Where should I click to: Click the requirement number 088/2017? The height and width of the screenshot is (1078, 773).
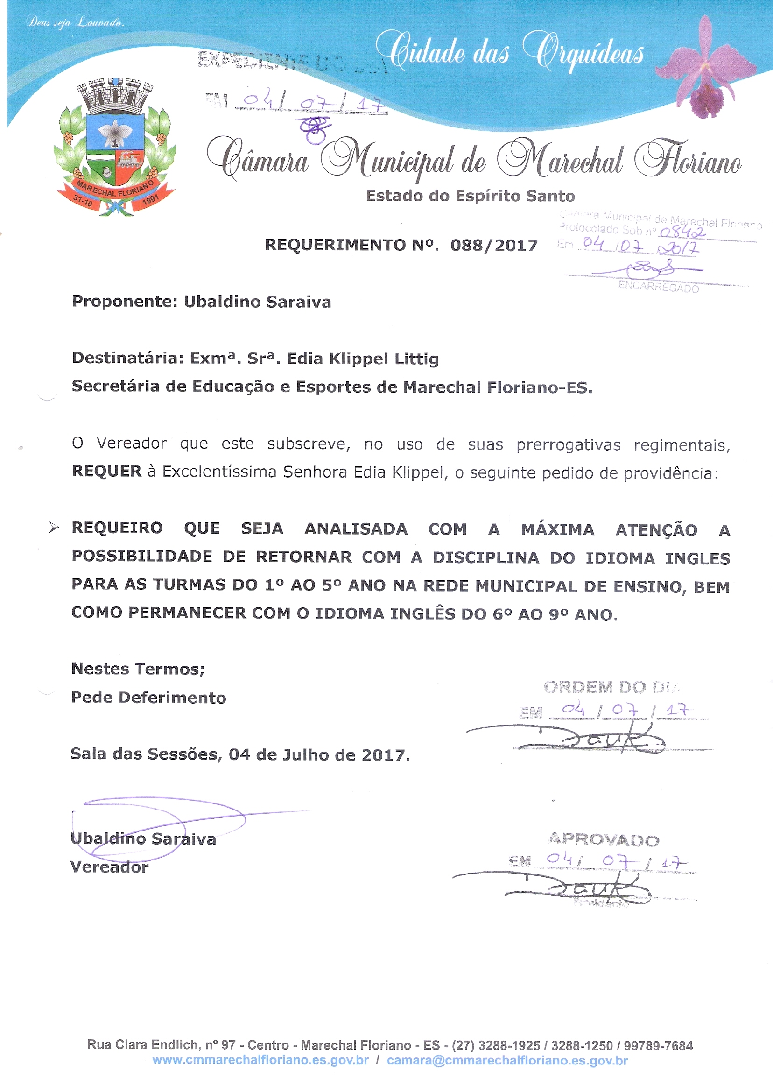point(494,245)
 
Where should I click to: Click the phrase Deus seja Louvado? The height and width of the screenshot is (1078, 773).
point(75,22)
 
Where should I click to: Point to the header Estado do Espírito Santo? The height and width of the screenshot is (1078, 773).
point(470,196)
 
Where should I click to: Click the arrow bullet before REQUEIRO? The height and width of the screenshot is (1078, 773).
point(54,528)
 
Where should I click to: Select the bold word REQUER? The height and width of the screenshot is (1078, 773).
point(106,472)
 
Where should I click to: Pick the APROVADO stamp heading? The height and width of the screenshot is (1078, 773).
point(604,840)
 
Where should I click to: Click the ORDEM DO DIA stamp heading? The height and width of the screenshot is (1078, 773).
point(613,687)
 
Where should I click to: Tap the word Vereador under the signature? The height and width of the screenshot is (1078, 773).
point(109,867)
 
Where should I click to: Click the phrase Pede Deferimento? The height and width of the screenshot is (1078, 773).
point(148,698)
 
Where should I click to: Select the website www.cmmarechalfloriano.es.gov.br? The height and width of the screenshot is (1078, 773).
point(260,1060)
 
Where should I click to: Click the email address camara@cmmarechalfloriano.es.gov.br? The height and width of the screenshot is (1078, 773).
point(507,1060)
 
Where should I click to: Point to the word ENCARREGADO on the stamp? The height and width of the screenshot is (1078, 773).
point(659,287)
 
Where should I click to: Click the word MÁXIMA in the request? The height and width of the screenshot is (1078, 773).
point(557,529)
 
